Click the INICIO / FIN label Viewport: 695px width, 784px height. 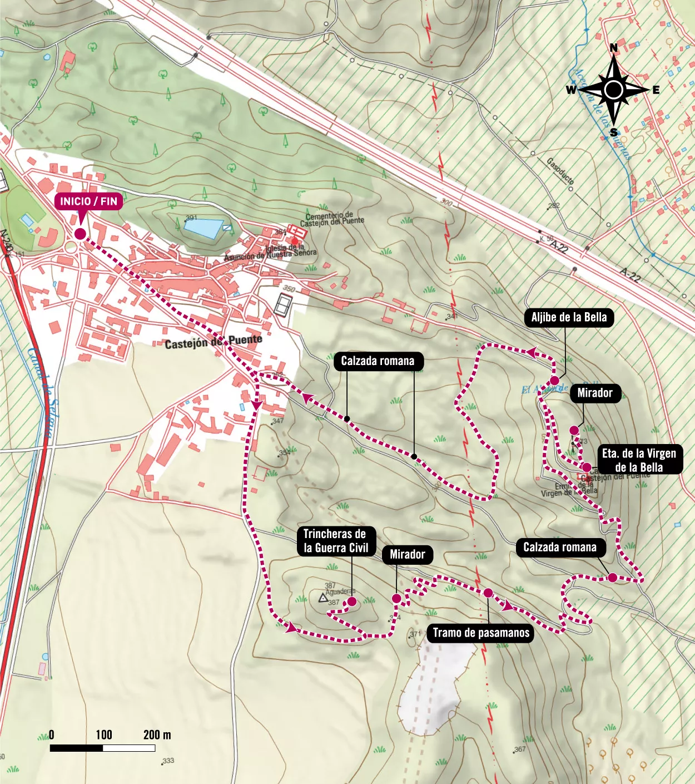click(x=89, y=201)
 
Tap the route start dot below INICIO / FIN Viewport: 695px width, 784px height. click(x=80, y=234)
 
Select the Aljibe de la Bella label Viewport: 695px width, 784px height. click(x=569, y=318)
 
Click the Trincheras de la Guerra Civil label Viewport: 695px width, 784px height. click(x=335, y=541)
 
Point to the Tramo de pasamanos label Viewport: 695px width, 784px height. click(x=481, y=633)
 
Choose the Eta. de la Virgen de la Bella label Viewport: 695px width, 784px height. click(x=639, y=460)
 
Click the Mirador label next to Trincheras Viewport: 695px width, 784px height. click(x=407, y=554)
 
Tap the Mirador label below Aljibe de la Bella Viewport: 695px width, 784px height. click(x=594, y=393)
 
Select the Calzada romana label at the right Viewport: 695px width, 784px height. click(x=560, y=547)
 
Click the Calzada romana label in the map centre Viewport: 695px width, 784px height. click(x=378, y=361)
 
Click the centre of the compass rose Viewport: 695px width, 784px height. click(x=614, y=90)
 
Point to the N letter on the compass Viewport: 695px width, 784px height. click(x=614, y=48)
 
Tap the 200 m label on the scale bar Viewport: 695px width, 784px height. click(x=157, y=735)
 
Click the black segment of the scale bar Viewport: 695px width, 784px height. click(x=77, y=748)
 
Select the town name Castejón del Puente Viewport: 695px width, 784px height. click(x=213, y=342)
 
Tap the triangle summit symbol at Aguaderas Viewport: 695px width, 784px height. click(x=322, y=599)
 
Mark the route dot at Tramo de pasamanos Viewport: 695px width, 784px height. click(x=488, y=593)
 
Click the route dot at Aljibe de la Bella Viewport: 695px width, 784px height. click(x=554, y=381)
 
